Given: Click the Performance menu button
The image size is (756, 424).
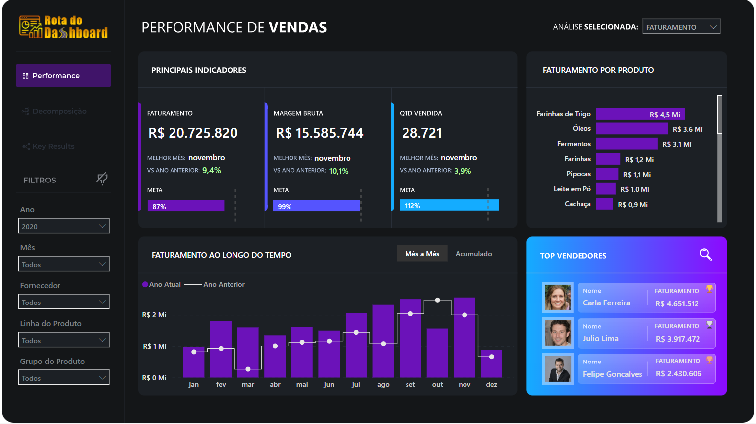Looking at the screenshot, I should [x=63, y=76].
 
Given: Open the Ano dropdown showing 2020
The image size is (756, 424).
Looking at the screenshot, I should [x=63, y=226].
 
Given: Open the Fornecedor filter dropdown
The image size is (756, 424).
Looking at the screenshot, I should [x=63, y=302].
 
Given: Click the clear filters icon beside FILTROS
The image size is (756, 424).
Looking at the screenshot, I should [x=102, y=179].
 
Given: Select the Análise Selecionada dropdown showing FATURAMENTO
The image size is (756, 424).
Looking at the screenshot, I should [x=681, y=27].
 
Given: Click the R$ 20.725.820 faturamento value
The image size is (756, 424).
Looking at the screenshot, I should [x=193, y=133].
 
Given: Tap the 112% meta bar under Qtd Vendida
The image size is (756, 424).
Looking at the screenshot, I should [x=449, y=205].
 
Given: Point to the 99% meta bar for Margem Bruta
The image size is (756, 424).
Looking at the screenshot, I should [x=316, y=206].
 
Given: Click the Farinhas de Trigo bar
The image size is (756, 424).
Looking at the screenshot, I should [x=640, y=114].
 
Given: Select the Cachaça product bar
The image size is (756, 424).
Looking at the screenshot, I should [x=604, y=204].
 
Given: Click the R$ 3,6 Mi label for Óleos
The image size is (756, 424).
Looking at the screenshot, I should [x=688, y=129].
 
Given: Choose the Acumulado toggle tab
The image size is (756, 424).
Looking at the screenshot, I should [x=473, y=254].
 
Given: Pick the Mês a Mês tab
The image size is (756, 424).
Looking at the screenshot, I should [x=422, y=254].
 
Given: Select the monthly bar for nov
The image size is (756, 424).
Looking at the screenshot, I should [x=465, y=337].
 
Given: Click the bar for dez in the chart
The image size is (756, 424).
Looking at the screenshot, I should [x=491, y=364].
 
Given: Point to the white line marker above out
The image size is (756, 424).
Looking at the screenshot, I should [x=437, y=300].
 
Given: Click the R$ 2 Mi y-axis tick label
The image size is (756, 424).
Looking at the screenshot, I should [x=154, y=315].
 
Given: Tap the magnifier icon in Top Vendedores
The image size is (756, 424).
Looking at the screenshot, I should [x=705, y=255].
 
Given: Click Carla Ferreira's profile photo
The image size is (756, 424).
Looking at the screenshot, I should [x=558, y=297].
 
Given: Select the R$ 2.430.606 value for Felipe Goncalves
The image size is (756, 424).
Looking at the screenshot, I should [x=679, y=374].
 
